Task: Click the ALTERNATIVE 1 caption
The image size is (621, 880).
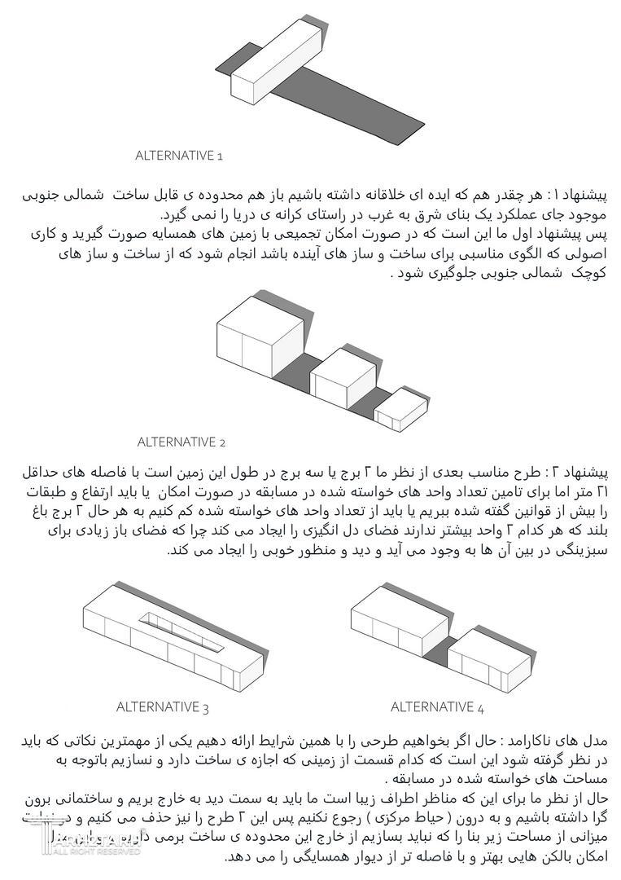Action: pyautogui.click(x=178, y=155)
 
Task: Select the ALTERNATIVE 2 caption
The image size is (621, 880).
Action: pyautogui.click(x=181, y=442)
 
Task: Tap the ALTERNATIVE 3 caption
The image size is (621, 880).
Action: pyautogui.click(x=163, y=706)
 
